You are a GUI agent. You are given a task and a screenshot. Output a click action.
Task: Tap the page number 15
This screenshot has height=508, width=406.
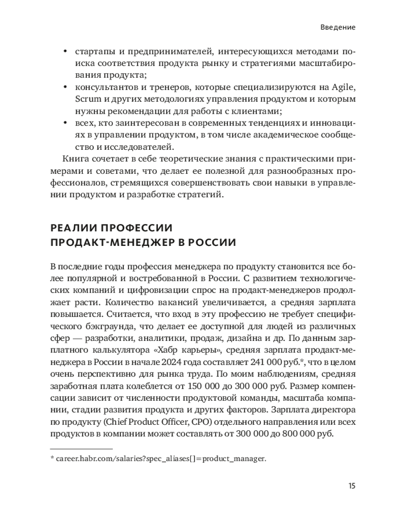coord(352,485)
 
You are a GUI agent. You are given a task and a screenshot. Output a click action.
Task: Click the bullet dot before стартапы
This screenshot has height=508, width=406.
coord(64,51)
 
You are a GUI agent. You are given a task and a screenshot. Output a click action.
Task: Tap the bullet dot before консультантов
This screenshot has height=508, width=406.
coord(64,86)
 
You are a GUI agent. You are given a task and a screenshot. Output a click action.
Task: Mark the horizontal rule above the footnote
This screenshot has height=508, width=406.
coord(81,449)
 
